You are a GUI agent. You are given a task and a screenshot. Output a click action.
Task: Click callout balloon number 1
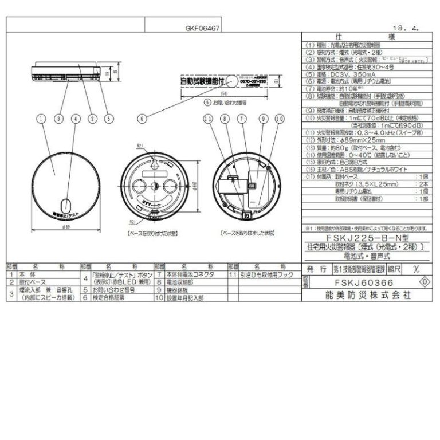click(x=40, y=119)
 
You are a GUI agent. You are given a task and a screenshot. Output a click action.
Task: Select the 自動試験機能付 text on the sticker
click(x=195, y=81)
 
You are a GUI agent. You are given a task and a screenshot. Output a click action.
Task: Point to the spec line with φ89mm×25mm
click(x=347, y=139)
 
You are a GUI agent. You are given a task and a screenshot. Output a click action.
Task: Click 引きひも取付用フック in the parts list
click(x=264, y=275)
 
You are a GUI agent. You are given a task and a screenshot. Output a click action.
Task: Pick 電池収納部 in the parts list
click(x=183, y=282)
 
